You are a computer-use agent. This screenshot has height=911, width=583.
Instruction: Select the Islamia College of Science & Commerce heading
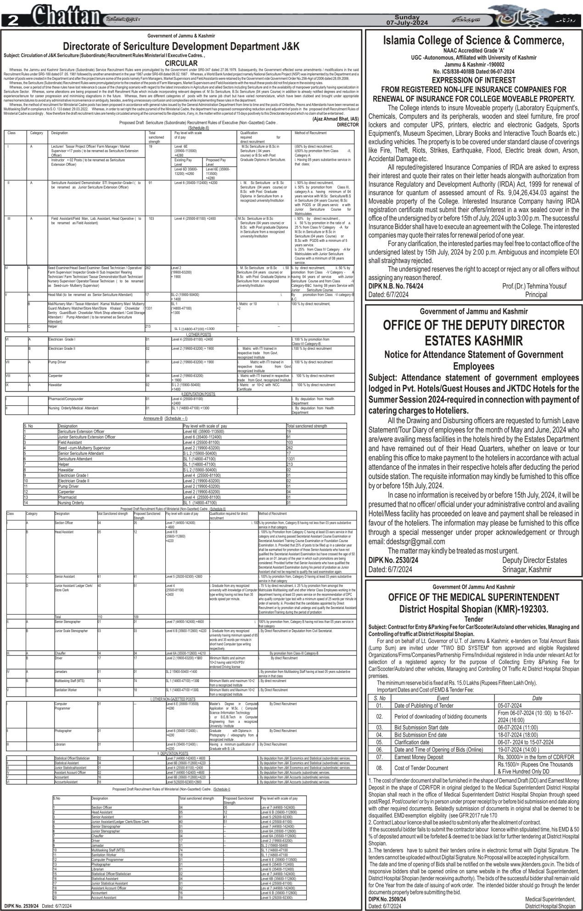click(473, 41)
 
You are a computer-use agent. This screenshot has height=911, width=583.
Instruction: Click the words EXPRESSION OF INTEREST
click(473, 80)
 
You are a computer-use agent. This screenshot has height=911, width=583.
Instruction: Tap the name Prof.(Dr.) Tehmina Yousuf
click(534, 286)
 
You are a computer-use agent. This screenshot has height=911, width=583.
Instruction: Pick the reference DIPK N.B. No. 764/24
click(396, 286)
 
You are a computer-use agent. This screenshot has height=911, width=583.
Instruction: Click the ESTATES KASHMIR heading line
click(473, 340)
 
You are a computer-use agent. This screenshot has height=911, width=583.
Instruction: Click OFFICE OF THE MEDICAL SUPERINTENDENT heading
click(473, 597)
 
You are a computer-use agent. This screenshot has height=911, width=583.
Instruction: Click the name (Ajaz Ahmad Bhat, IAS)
click(336, 119)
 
